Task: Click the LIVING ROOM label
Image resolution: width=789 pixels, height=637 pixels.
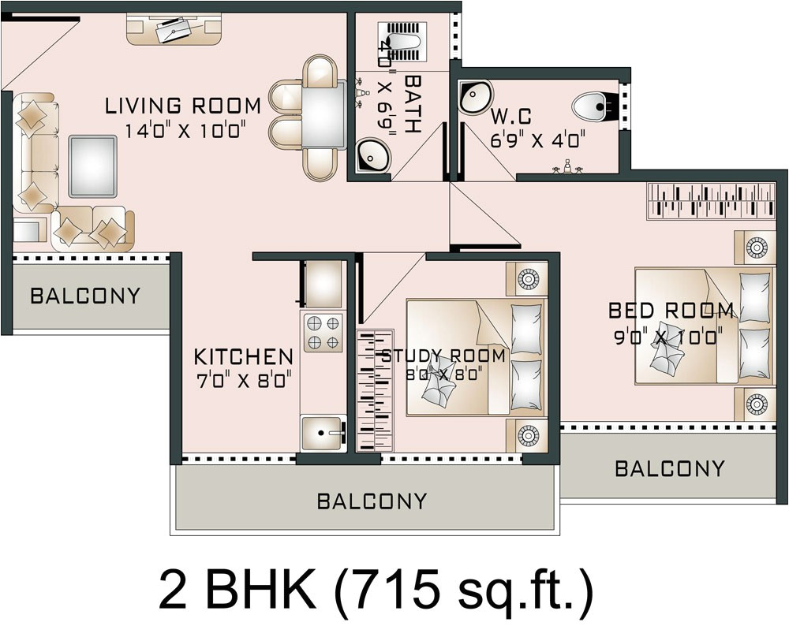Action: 183,106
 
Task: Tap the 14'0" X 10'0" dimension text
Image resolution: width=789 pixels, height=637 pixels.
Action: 183,130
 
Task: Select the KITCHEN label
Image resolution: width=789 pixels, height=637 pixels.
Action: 244,357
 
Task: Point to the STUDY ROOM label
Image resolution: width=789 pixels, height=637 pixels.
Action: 443,356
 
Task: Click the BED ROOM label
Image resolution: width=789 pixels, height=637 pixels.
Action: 671,311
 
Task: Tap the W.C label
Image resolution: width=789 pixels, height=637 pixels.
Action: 510,117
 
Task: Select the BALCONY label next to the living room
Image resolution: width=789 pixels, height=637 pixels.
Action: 85,296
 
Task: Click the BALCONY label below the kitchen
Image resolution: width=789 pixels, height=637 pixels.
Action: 372,501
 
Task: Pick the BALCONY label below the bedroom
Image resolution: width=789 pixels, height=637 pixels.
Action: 669,469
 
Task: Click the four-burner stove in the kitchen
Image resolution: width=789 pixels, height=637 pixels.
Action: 323,332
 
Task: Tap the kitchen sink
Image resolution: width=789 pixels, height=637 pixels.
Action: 323,433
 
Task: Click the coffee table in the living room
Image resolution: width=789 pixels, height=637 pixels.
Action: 92,166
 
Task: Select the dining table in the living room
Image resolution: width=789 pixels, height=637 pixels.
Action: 323,115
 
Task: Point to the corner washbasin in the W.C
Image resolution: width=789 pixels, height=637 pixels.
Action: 476,97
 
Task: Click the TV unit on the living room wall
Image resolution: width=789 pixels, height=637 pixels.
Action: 174,30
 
